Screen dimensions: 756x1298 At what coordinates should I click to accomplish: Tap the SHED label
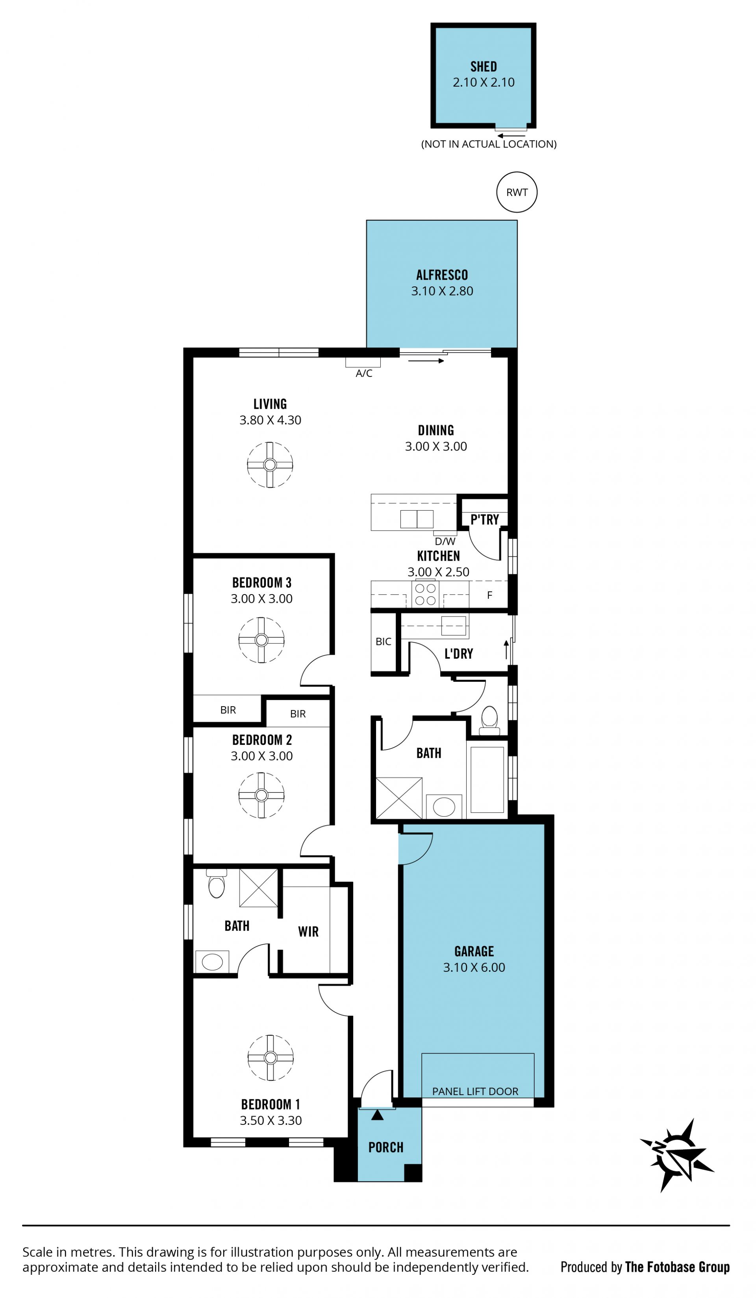(x=484, y=66)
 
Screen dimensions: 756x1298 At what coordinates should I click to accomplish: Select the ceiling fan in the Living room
(x=270, y=465)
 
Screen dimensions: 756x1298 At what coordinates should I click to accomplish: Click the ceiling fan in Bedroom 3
(x=261, y=640)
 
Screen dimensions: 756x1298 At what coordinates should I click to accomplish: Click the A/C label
(x=364, y=373)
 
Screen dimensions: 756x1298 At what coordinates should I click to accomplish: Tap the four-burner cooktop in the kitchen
(x=426, y=593)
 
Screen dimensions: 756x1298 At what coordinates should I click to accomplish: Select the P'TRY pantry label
(x=484, y=519)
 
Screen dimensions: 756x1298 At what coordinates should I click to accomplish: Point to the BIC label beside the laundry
(x=384, y=641)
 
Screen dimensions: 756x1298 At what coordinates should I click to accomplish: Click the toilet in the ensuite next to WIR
(x=217, y=883)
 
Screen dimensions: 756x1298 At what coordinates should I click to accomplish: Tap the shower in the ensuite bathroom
(x=259, y=888)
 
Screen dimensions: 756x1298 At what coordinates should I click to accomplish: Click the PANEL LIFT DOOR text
(x=475, y=1091)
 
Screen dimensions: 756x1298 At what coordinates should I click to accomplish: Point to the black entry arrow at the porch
(x=377, y=1115)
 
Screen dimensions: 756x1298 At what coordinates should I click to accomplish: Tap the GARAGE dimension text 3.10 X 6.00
(x=474, y=967)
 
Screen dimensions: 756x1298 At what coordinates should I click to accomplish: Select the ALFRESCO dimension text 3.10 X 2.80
(x=442, y=291)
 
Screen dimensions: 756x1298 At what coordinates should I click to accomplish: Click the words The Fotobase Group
(x=677, y=1267)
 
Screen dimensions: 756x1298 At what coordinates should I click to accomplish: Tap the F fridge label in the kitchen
(x=489, y=595)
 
